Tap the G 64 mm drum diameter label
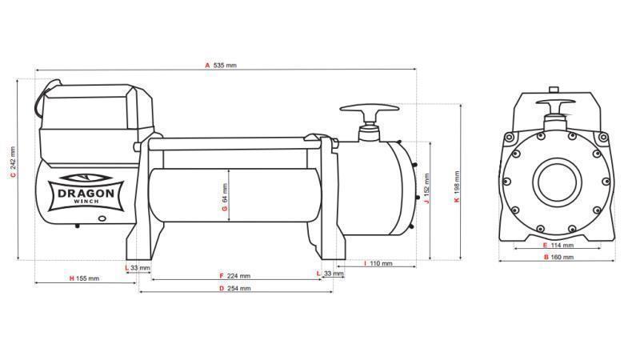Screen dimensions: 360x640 point(225,199)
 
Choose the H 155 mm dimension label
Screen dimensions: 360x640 point(84,278)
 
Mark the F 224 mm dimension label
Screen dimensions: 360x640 point(234,275)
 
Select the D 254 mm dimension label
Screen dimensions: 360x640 point(234,288)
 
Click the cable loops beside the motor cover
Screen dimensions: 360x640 point(39,100)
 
